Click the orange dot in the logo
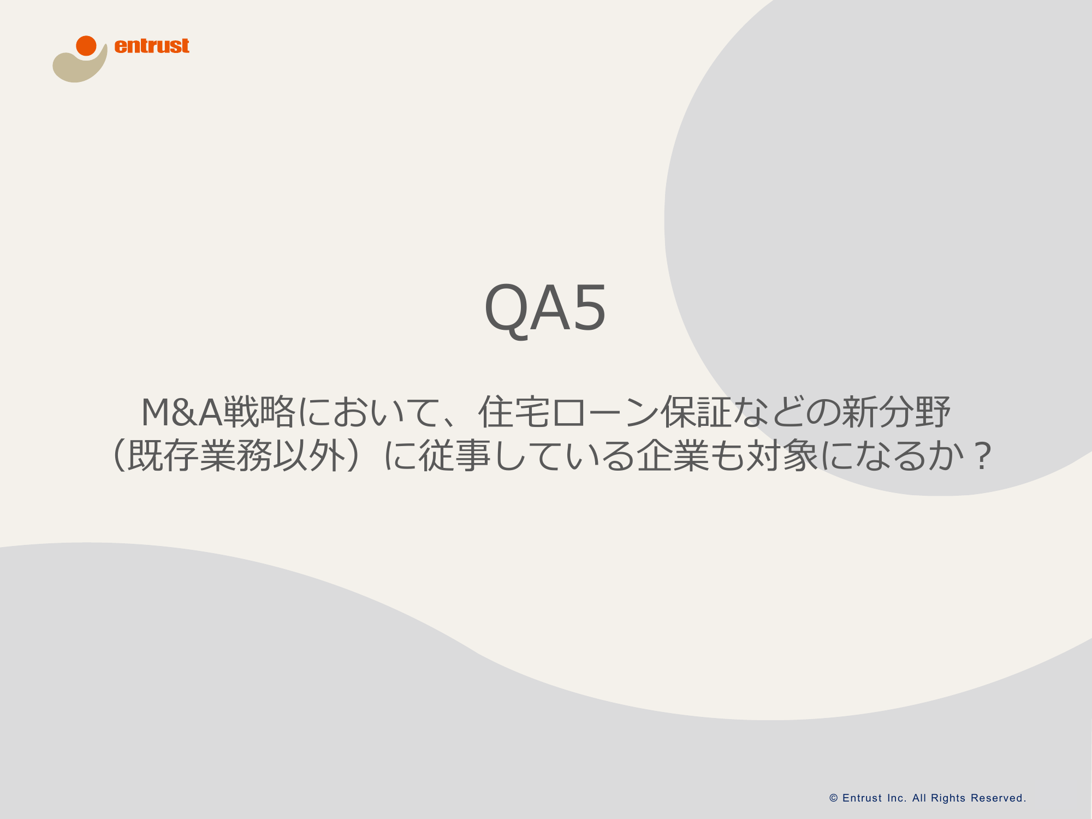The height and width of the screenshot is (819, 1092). click(x=86, y=46)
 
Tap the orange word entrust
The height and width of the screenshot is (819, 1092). click(x=152, y=46)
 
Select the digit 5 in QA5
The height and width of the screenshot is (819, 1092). click(x=589, y=307)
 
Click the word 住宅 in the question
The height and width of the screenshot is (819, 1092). click(x=514, y=412)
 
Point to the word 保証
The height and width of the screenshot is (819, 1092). click(x=696, y=412)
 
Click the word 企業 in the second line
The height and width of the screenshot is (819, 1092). click(x=673, y=455)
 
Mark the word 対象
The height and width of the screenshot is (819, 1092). click(x=782, y=455)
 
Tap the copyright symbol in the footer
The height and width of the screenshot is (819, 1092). click(x=833, y=798)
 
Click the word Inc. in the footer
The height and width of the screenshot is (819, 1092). click(x=897, y=798)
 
